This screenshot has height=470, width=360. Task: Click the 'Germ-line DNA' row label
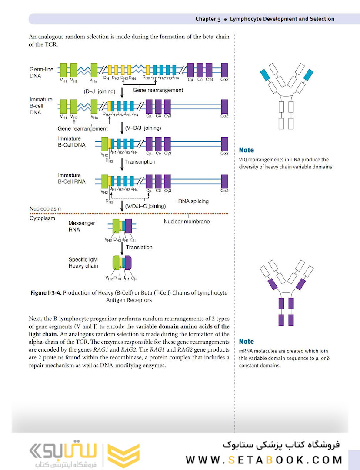pyautogui.click(x=41, y=72)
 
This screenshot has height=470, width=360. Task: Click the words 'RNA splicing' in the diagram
pyautogui.click(x=193, y=201)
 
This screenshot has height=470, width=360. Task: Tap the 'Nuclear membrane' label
pyautogui.click(x=187, y=222)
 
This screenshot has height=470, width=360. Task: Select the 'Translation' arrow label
pyautogui.click(x=139, y=247)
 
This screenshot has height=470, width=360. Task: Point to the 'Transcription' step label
pyautogui.click(x=140, y=162)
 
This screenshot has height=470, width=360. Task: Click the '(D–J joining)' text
pyautogui.click(x=100, y=91)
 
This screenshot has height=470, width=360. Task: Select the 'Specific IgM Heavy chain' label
pyautogui.click(x=83, y=262)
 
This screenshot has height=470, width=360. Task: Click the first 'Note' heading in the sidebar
pyautogui.click(x=246, y=150)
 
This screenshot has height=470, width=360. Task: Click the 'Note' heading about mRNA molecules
pyautogui.click(x=246, y=342)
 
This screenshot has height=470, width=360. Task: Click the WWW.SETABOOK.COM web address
pyautogui.click(x=264, y=460)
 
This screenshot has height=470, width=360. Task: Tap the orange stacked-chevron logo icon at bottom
pyautogui.click(x=123, y=455)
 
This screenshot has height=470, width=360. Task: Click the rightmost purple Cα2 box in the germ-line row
pyautogui.click(x=224, y=70)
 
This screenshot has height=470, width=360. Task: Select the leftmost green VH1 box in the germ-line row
pyautogui.click(x=63, y=70)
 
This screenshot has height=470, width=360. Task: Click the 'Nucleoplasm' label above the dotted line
pyautogui.click(x=45, y=209)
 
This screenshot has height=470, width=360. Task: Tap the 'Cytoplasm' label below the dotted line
pyautogui.click(x=43, y=218)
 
